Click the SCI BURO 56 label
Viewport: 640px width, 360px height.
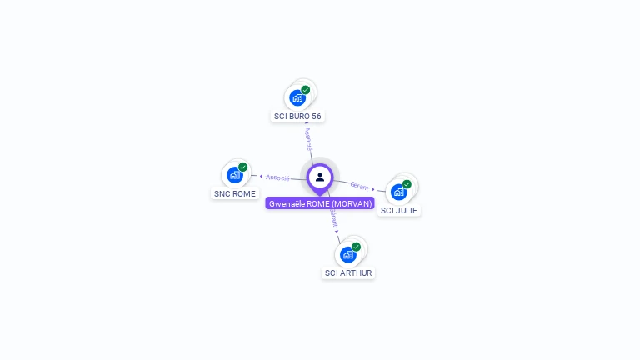(x=297, y=116)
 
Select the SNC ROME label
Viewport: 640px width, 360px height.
(x=234, y=193)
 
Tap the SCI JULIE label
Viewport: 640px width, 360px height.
(x=398, y=210)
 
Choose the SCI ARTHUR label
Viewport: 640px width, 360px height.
(x=348, y=272)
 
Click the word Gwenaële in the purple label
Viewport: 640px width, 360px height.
(x=287, y=203)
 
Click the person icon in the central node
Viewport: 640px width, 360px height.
(x=320, y=177)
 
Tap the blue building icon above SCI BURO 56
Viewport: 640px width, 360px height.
(x=297, y=97)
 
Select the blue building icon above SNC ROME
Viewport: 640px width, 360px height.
(x=234, y=175)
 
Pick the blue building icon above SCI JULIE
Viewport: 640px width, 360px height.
(x=398, y=192)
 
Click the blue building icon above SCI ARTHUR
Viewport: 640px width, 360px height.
(x=347, y=254)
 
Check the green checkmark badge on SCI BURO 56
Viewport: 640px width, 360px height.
(x=306, y=90)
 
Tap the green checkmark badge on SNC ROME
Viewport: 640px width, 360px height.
(x=243, y=167)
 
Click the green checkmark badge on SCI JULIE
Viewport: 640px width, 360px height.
(x=407, y=184)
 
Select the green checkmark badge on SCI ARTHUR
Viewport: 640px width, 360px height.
(x=356, y=247)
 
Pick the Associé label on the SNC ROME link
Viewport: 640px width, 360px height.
(x=277, y=177)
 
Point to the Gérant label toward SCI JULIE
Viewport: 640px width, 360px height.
(x=359, y=186)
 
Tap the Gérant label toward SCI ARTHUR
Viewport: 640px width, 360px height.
(x=333, y=218)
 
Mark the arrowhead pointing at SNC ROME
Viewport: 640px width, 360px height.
(x=261, y=176)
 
